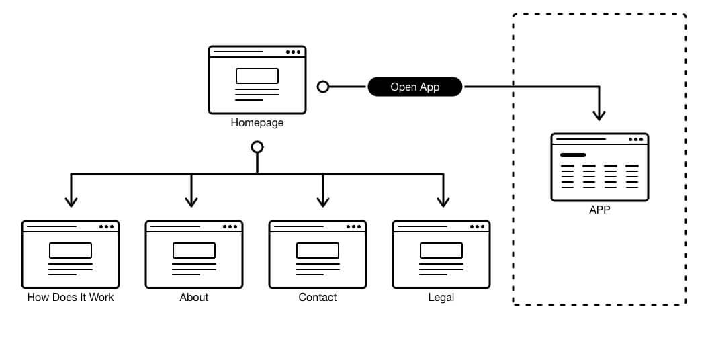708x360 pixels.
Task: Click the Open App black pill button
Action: click(415, 87)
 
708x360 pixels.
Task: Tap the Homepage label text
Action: click(257, 122)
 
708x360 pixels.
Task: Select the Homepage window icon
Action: click(257, 79)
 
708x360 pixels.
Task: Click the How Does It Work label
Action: click(71, 298)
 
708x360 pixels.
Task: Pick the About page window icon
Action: click(193, 255)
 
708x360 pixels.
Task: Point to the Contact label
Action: click(318, 298)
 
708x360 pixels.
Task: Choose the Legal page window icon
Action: click(441, 255)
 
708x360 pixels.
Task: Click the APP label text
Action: click(600, 210)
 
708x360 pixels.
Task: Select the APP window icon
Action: click(600, 167)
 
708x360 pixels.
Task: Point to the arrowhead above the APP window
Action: click(599, 116)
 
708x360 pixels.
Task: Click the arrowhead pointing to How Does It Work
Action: click(71, 201)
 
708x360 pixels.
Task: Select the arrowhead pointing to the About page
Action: click(191, 201)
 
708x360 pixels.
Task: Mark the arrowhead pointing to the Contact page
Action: click(323, 201)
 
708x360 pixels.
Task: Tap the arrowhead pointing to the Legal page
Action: click(443, 201)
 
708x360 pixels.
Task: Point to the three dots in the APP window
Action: click(635, 139)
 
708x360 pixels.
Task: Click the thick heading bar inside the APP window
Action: click(572, 155)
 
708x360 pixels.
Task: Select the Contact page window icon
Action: click(318, 255)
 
